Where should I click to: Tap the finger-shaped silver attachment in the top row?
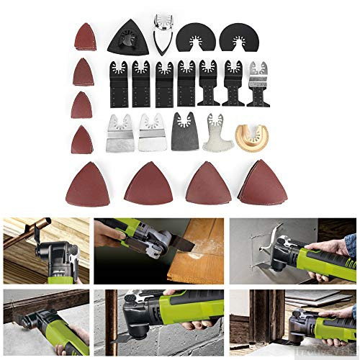(x=162, y=32)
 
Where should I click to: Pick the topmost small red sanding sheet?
(x=85, y=37)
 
